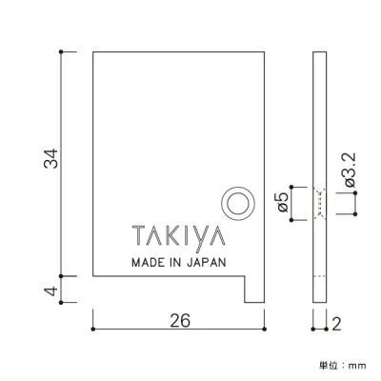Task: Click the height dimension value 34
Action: point(51,158)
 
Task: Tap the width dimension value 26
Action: point(180,320)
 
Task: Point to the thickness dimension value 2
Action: point(336,324)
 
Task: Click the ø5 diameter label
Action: point(283,202)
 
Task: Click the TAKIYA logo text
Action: point(179,236)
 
